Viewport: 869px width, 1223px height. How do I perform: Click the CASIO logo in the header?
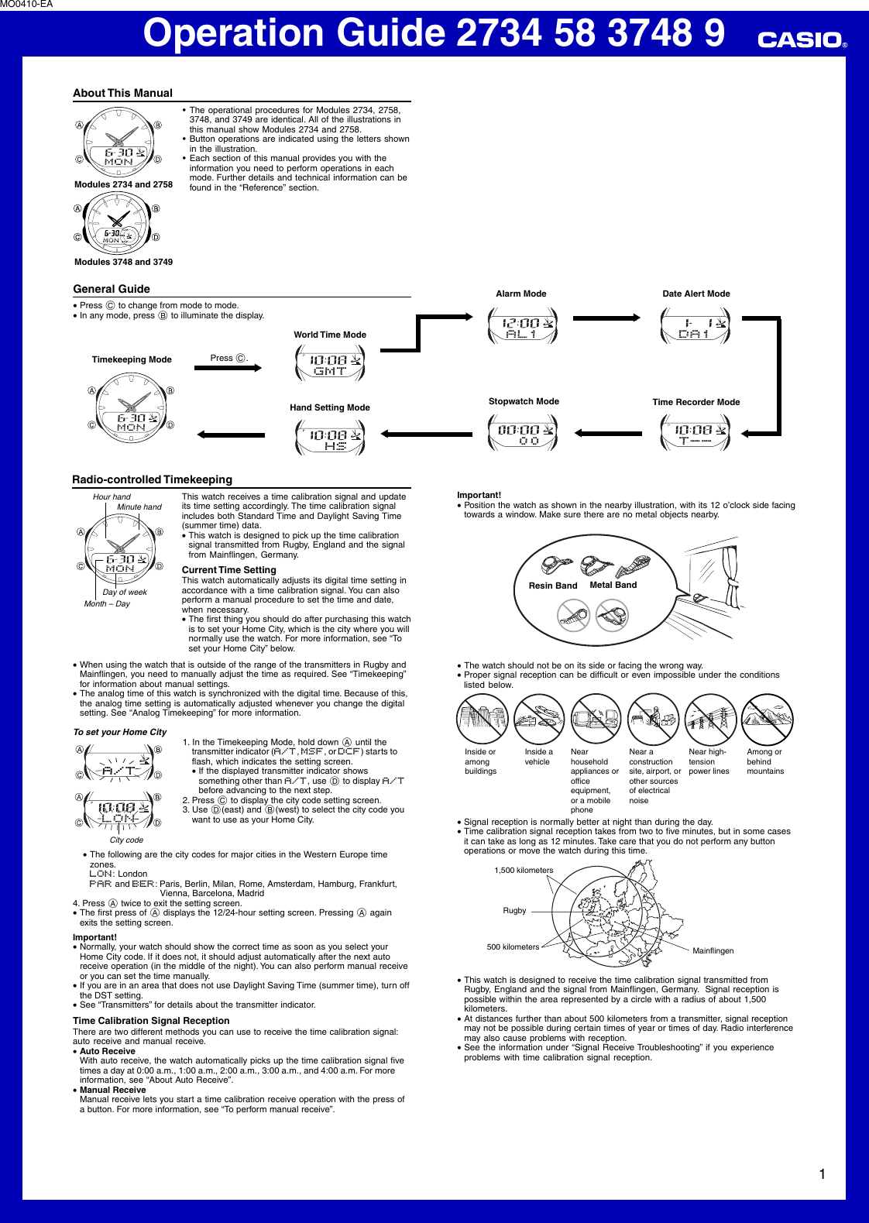click(801, 40)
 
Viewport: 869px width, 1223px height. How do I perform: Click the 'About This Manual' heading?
click(122, 93)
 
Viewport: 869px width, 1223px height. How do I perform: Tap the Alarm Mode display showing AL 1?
click(522, 325)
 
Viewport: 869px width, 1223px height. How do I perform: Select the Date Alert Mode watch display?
click(696, 325)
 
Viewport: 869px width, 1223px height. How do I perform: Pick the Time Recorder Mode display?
click(696, 433)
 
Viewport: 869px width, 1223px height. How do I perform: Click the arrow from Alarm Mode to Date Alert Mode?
click(606, 317)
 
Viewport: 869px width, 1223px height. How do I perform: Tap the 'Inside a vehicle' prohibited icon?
click(539, 720)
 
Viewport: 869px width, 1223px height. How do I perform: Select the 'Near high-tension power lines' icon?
click(710, 720)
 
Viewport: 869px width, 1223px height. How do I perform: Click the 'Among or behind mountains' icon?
click(768, 720)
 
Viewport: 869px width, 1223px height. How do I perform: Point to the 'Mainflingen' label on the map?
click(713, 950)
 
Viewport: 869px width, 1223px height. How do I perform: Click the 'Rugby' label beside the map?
click(514, 910)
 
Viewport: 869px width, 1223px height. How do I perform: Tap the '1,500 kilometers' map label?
click(524, 870)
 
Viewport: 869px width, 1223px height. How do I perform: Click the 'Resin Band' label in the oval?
click(552, 586)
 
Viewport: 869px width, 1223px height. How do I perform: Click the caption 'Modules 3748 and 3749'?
click(123, 262)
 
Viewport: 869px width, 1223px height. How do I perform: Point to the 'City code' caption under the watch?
click(126, 840)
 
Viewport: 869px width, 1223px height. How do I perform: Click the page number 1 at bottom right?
click(822, 1174)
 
